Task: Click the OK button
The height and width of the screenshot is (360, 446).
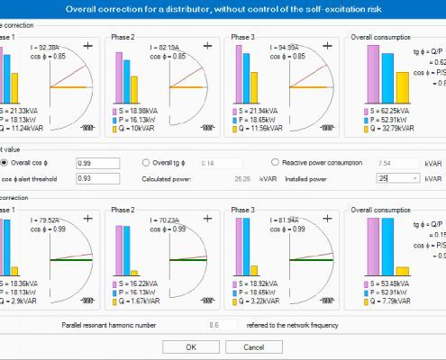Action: pyautogui.click(x=190, y=346)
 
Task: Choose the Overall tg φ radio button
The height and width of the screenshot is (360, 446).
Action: pyautogui.click(x=147, y=163)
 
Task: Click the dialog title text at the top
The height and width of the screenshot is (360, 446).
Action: pyautogui.click(x=223, y=8)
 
